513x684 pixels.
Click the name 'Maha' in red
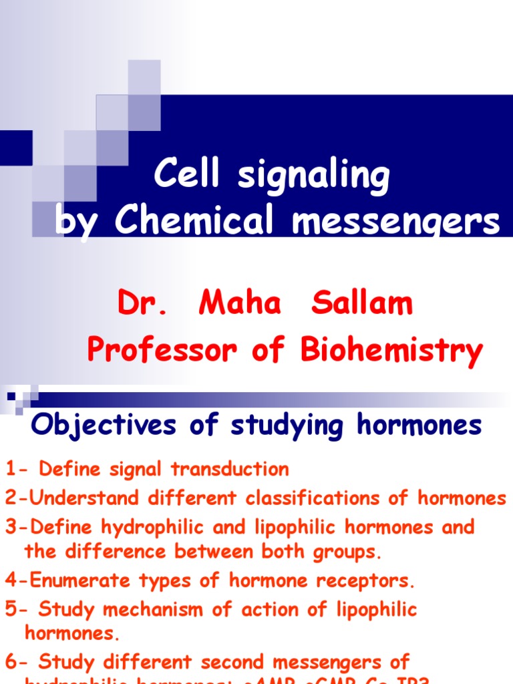coord(240,304)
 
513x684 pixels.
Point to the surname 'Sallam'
coord(361,304)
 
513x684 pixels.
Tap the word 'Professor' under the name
coord(160,349)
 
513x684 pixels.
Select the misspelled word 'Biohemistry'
coord(391,350)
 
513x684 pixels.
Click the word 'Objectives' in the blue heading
coord(104,425)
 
